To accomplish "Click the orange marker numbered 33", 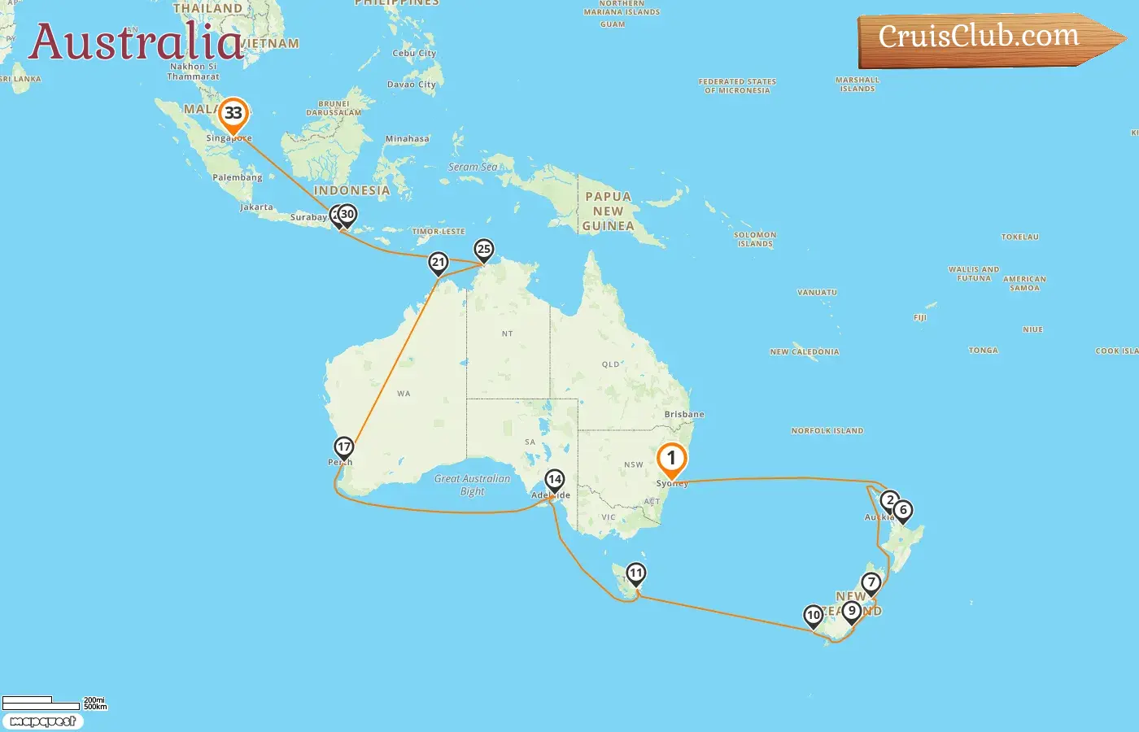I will [233, 114].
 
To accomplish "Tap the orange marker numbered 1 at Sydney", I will [672, 459].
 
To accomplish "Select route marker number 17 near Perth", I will [344, 447].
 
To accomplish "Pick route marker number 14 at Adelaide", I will [555, 480].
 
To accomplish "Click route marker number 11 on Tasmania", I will [636, 573].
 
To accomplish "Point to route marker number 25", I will [484, 250].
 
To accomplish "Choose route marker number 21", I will [439, 262].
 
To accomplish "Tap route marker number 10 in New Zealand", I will [814, 616].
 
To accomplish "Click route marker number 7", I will [871, 582].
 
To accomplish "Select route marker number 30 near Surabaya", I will [348, 215].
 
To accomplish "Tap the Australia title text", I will [136, 42].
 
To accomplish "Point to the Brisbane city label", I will [684, 414].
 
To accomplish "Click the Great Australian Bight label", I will [473, 485].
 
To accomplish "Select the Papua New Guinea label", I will [609, 211].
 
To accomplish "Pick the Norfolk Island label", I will [827, 430].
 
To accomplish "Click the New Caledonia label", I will [805, 351].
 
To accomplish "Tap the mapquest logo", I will [43, 721].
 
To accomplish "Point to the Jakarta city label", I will [257, 207].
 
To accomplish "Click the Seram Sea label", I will [473, 167].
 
